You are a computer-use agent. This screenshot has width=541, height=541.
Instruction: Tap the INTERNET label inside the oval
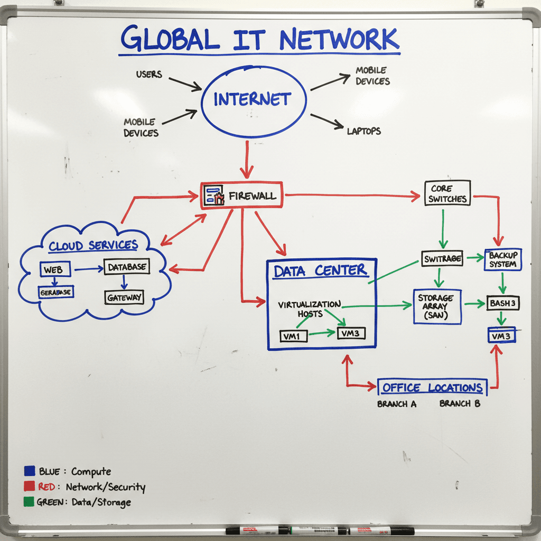(252, 99)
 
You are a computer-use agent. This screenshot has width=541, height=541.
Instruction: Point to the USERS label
(148, 74)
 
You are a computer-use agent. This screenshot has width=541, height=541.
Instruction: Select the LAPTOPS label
(364, 130)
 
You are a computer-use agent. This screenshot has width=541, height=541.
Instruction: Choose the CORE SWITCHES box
(447, 193)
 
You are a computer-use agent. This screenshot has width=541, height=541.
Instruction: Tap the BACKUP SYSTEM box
(502, 259)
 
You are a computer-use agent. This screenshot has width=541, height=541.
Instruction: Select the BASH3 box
(502, 304)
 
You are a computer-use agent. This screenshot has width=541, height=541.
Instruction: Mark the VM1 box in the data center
(293, 335)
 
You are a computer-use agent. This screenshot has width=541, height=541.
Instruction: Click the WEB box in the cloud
(53, 269)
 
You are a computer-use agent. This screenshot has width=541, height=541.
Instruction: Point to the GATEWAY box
(124, 297)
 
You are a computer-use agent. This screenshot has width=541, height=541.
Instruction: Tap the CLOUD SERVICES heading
(93, 246)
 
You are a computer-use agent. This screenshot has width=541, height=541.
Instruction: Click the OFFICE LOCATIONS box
(432, 388)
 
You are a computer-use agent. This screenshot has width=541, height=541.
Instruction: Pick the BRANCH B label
(460, 404)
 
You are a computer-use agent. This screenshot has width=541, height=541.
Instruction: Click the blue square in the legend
(30, 471)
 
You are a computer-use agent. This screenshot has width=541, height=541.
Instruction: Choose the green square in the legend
(30, 502)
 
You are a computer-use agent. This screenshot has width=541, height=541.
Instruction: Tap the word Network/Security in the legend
(108, 487)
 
